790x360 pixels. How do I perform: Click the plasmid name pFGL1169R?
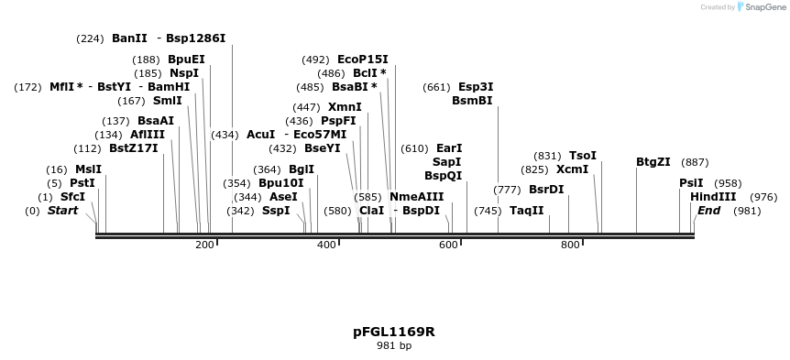click(x=394, y=331)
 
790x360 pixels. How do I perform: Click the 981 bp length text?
click(x=394, y=345)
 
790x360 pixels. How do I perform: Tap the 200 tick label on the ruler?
click(x=204, y=245)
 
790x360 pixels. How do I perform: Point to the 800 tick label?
click(x=570, y=245)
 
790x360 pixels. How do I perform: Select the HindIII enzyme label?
click(x=713, y=197)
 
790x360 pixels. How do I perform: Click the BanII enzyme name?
click(x=129, y=38)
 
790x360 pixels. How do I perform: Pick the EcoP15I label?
click(x=363, y=60)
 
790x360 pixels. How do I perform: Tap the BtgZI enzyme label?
click(x=653, y=162)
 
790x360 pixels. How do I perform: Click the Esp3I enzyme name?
click(x=476, y=87)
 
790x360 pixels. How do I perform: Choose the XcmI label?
click(x=572, y=169)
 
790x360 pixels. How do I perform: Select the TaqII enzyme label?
click(x=527, y=211)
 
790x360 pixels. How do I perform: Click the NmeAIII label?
click(x=416, y=197)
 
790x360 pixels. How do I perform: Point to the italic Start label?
click(x=62, y=211)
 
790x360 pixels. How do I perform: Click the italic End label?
click(x=708, y=211)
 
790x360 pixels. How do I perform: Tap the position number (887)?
click(x=695, y=162)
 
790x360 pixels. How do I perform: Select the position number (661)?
click(x=436, y=87)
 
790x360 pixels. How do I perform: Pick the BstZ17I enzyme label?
click(x=134, y=148)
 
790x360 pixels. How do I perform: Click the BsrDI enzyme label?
click(x=546, y=190)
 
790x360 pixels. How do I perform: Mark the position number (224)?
click(x=91, y=38)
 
